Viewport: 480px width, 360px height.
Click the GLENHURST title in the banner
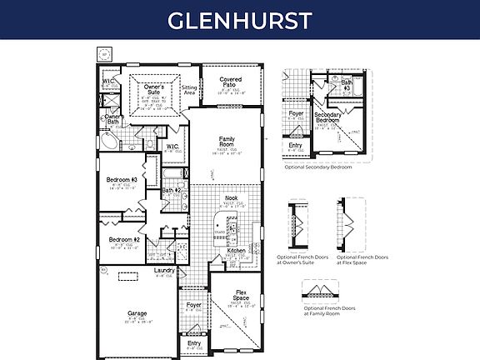239,20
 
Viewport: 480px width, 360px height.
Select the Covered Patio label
231,82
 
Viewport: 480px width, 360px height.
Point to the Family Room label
226,141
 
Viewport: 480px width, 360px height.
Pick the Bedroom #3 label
122,180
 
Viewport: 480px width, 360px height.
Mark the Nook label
232,198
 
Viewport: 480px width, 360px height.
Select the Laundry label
164,271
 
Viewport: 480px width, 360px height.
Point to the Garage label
137,314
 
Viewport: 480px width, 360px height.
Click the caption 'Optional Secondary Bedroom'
318,167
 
